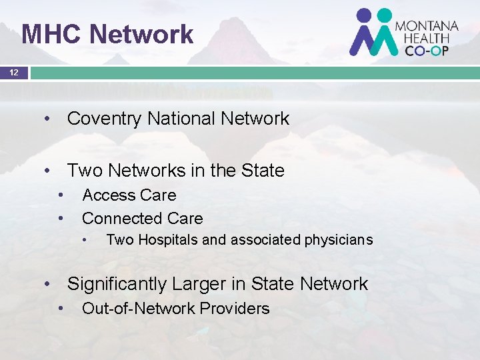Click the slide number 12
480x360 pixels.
coord(14,71)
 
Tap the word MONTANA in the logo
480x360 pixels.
coord(427,26)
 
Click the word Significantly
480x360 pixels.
coord(117,284)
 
